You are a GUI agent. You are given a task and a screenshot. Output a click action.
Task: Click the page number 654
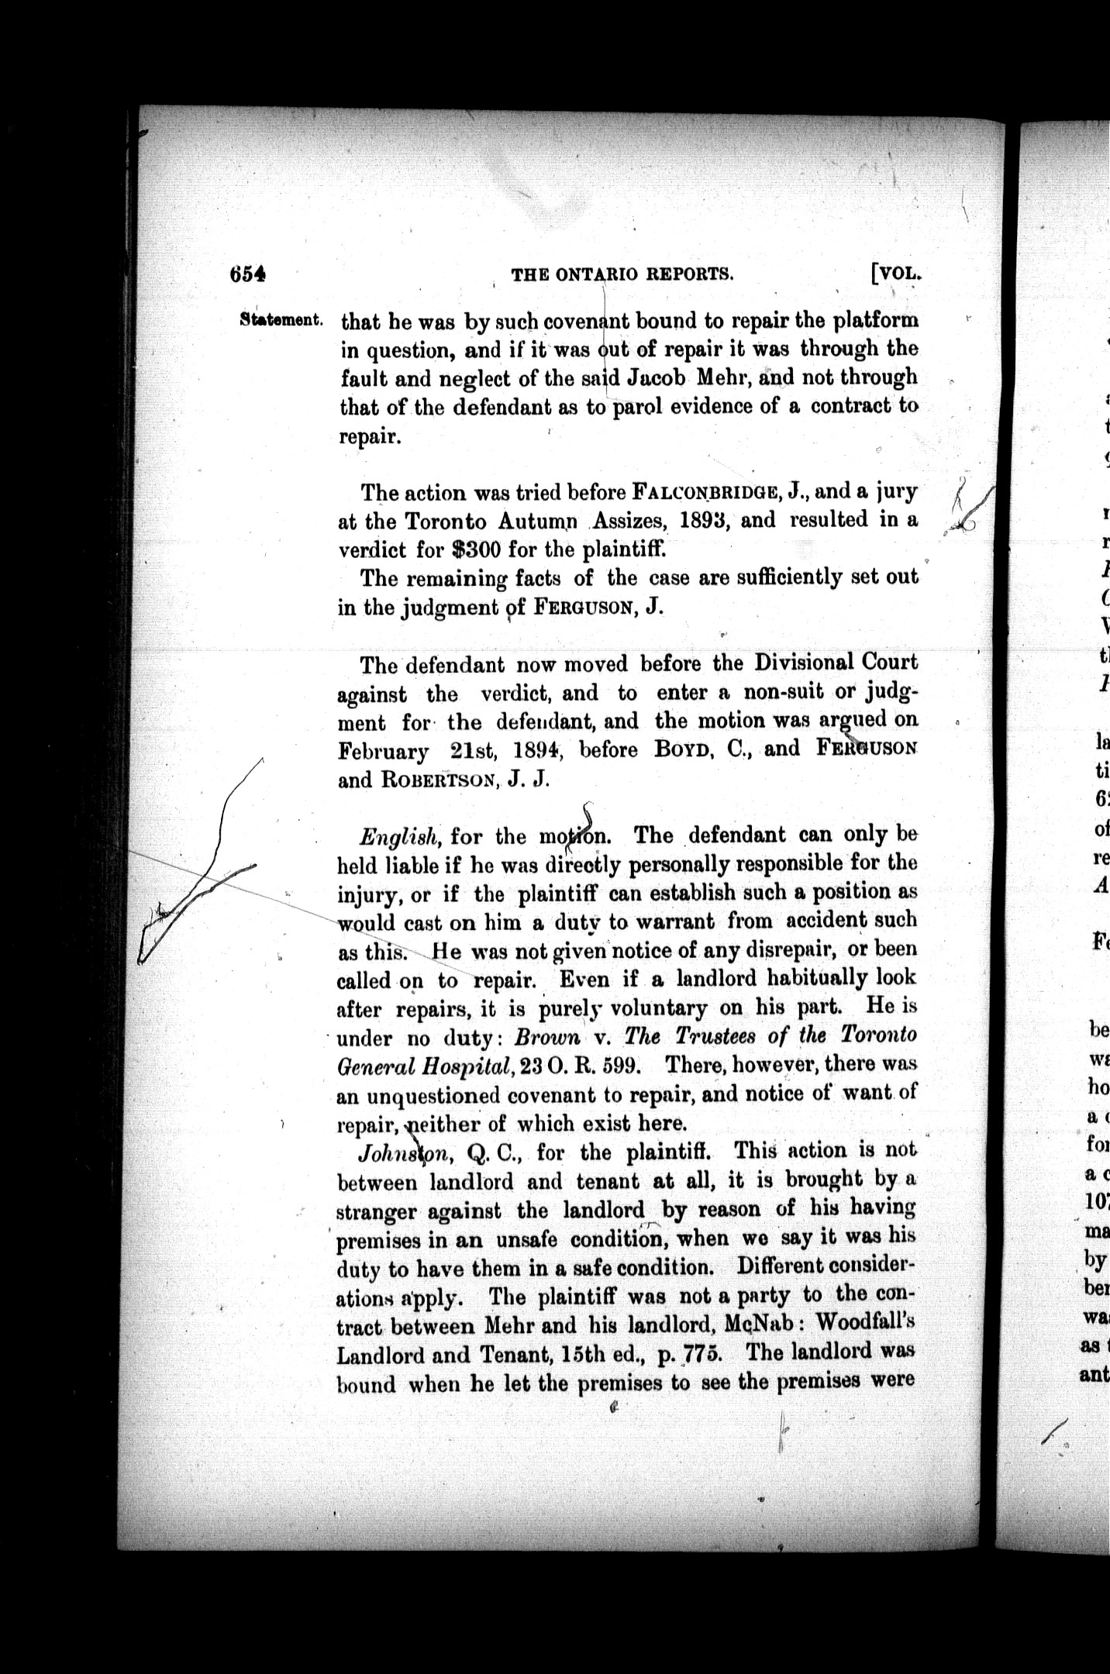248,274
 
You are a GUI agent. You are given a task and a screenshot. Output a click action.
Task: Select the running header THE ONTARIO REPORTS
622,274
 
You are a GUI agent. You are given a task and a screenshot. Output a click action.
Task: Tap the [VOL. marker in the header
896,273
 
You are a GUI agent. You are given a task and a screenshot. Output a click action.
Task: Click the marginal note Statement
281,319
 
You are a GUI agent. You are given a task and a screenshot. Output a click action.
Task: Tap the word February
383,752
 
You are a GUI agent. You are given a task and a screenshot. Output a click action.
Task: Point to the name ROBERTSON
436,781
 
